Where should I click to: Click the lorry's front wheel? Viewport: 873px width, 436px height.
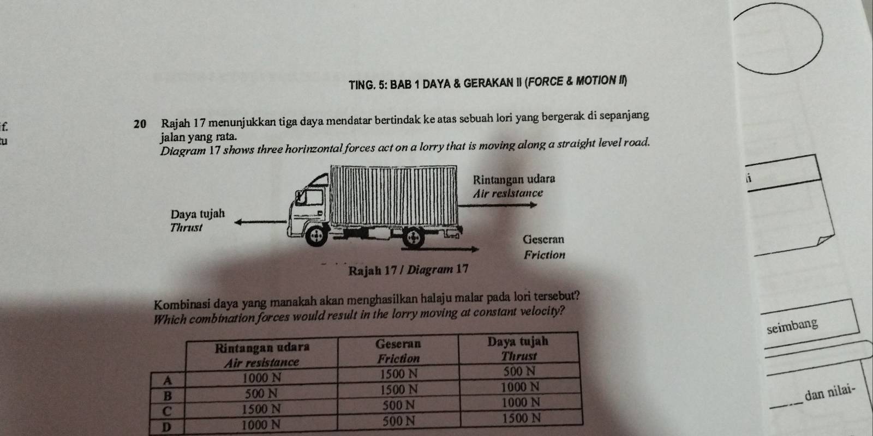point(314,235)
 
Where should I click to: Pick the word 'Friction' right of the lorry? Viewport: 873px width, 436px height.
point(544,255)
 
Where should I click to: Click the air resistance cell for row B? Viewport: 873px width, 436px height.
point(262,393)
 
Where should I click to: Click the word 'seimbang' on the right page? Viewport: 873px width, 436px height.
point(792,325)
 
